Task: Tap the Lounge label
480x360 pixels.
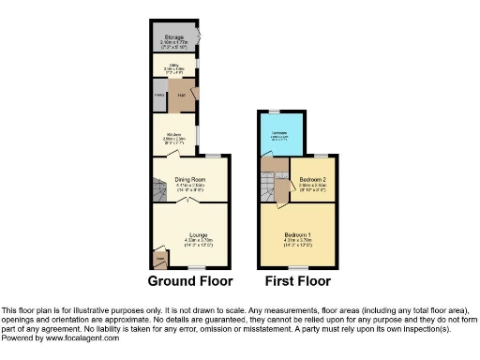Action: (197, 234)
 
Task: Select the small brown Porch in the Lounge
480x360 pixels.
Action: (161, 258)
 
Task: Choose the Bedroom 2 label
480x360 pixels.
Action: (312, 178)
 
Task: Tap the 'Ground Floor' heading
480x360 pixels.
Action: (189, 281)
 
